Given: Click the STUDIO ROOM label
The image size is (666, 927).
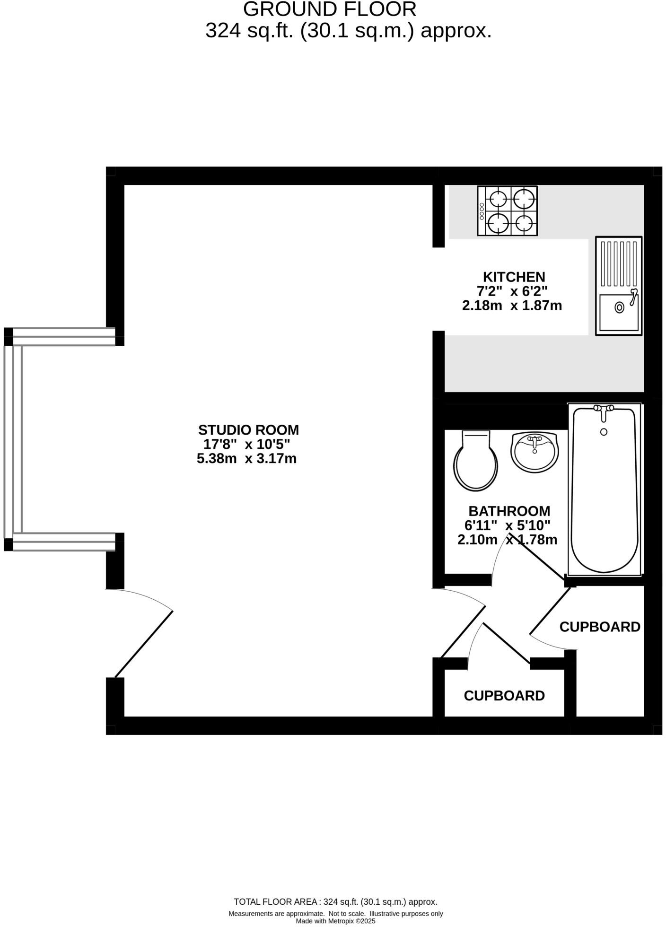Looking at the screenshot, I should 248,430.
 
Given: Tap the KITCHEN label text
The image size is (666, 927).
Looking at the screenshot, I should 514,277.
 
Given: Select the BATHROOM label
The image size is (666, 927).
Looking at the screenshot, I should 509,511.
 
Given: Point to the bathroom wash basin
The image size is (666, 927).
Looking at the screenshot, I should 535,452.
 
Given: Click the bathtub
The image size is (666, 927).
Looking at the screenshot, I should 604,492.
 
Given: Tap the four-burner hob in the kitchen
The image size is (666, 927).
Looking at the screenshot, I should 508,211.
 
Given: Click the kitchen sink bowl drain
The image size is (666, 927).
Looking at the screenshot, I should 619,307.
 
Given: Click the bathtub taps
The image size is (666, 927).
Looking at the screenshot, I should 604,410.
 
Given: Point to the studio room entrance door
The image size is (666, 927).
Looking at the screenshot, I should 142,634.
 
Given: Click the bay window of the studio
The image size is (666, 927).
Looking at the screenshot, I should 13,439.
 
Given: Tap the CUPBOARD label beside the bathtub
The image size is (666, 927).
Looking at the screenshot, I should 599,627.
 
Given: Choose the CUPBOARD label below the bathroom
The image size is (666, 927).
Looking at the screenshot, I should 504,696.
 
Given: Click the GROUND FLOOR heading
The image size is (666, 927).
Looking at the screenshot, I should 330,9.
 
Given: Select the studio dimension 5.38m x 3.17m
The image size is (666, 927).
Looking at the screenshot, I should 246,459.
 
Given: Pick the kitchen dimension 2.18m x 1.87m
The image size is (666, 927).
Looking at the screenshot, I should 512,306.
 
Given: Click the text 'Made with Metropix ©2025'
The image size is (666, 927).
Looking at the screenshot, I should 335,921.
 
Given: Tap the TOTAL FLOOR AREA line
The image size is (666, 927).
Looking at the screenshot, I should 335,902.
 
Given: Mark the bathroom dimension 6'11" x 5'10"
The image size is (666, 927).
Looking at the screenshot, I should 508,525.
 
